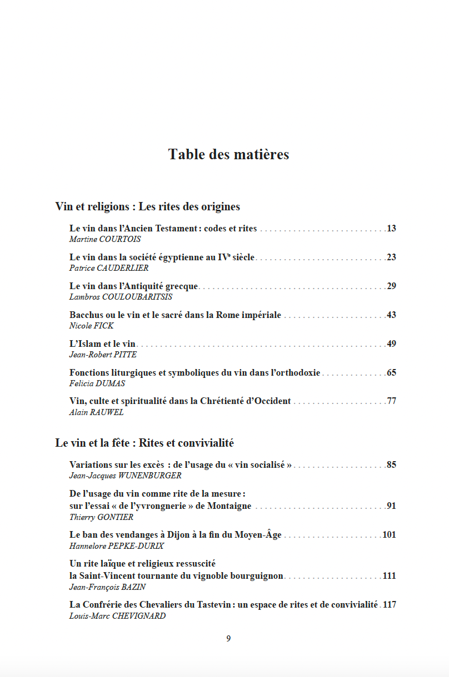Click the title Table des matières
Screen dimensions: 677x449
point(228,154)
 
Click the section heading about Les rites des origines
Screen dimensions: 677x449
point(148,206)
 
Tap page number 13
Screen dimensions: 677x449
point(391,229)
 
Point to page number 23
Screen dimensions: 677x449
point(391,257)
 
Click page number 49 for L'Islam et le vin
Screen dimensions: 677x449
point(391,344)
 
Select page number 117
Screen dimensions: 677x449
point(390,605)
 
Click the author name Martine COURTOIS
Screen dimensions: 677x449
point(105,239)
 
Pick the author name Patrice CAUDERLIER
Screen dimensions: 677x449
point(109,268)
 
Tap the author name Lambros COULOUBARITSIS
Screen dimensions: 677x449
point(121,297)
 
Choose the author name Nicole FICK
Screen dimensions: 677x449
point(91,326)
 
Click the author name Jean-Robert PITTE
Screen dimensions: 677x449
point(103,355)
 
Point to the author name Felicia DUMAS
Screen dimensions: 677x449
point(97,383)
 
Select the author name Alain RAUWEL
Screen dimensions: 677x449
point(97,412)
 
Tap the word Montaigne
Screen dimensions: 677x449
point(230,506)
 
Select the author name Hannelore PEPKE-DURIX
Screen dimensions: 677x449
point(113,545)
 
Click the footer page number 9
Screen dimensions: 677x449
point(228,639)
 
